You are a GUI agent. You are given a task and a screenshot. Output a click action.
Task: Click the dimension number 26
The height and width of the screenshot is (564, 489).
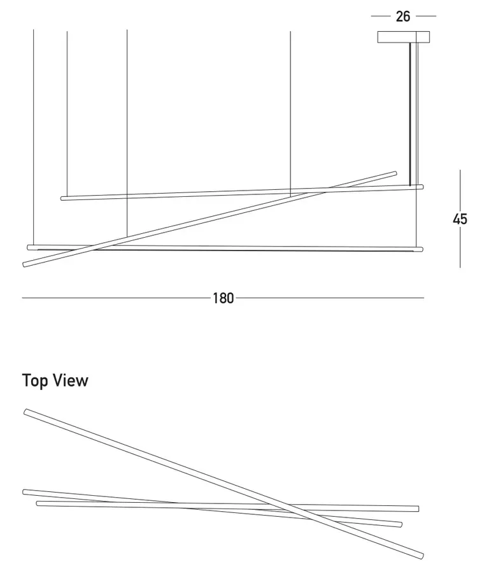[x=403, y=17]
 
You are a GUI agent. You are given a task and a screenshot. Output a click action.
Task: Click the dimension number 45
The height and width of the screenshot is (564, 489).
[x=460, y=219]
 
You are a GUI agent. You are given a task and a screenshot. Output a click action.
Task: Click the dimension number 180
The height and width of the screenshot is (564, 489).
[x=223, y=298]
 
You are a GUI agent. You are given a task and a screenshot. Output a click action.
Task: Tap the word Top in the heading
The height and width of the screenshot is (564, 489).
[x=35, y=381]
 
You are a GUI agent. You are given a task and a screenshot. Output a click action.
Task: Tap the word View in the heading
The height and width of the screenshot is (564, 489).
[x=71, y=380]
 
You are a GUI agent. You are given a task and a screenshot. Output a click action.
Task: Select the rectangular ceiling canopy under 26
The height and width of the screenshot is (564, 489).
[x=404, y=37]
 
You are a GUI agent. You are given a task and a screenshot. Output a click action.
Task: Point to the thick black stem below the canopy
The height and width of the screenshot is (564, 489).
[x=410, y=114]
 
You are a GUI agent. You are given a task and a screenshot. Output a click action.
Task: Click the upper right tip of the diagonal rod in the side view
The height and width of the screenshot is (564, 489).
[x=396, y=173]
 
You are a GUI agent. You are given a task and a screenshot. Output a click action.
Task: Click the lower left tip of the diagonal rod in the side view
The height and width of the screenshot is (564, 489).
[x=24, y=265]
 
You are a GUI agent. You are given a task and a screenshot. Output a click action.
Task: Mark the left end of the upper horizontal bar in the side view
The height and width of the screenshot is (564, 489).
[x=62, y=198]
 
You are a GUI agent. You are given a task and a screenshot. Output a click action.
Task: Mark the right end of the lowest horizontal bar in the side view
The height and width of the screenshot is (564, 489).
[x=422, y=249]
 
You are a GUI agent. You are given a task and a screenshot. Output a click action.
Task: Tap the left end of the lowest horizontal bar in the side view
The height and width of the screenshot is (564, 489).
[x=29, y=247]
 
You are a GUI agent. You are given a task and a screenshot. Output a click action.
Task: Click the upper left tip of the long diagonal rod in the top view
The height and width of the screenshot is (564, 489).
[x=25, y=412]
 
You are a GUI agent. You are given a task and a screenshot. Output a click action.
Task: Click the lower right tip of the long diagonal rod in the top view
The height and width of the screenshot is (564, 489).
[x=423, y=556]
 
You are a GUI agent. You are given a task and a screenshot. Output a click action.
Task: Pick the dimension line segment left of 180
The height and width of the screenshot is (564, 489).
[x=116, y=298]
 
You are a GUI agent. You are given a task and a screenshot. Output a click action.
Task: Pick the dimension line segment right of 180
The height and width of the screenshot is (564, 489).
[x=330, y=298]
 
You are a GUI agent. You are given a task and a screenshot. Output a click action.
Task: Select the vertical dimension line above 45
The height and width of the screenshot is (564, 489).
[x=460, y=191]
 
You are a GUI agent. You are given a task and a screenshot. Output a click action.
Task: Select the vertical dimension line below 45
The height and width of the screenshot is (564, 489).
[x=460, y=247]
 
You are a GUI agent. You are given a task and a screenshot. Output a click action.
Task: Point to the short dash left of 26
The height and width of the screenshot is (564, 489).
[x=381, y=16]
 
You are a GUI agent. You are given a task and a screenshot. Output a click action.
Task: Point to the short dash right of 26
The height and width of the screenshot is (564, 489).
[x=426, y=16]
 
